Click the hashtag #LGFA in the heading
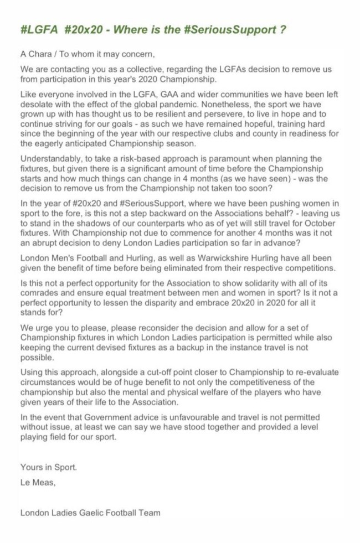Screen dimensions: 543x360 pyautogui.click(x=39, y=30)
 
